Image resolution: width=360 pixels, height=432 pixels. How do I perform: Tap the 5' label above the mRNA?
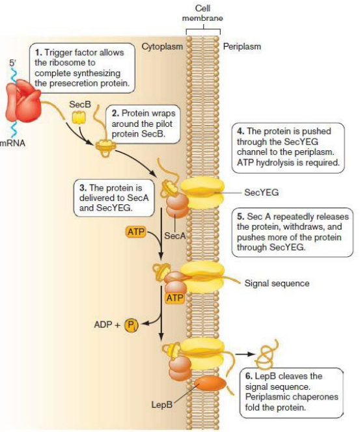coord(13,63)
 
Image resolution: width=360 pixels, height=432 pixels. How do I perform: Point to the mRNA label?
coord(12,142)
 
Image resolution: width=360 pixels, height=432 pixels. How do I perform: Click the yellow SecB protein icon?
coord(79,117)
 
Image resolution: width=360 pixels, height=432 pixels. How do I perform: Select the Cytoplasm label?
coord(162,47)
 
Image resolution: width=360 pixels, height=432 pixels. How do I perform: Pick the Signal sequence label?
coord(277,283)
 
